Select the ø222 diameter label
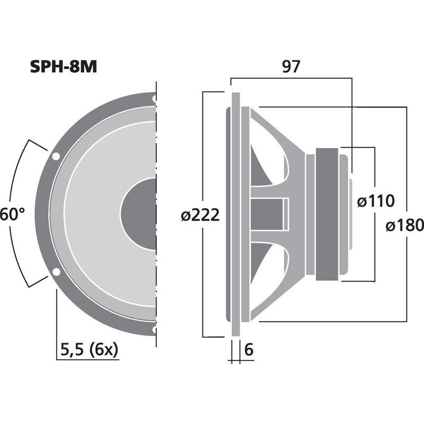tap(200, 216)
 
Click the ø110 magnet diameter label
tap(376, 201)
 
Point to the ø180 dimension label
tap(405, 226)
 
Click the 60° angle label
tap(12, 215)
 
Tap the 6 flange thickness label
tap(249, 350)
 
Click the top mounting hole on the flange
tap(154, 99)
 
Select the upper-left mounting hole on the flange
tap(56, 156)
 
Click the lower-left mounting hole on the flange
tap(56, 272)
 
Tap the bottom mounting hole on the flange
tap(154, 329)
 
